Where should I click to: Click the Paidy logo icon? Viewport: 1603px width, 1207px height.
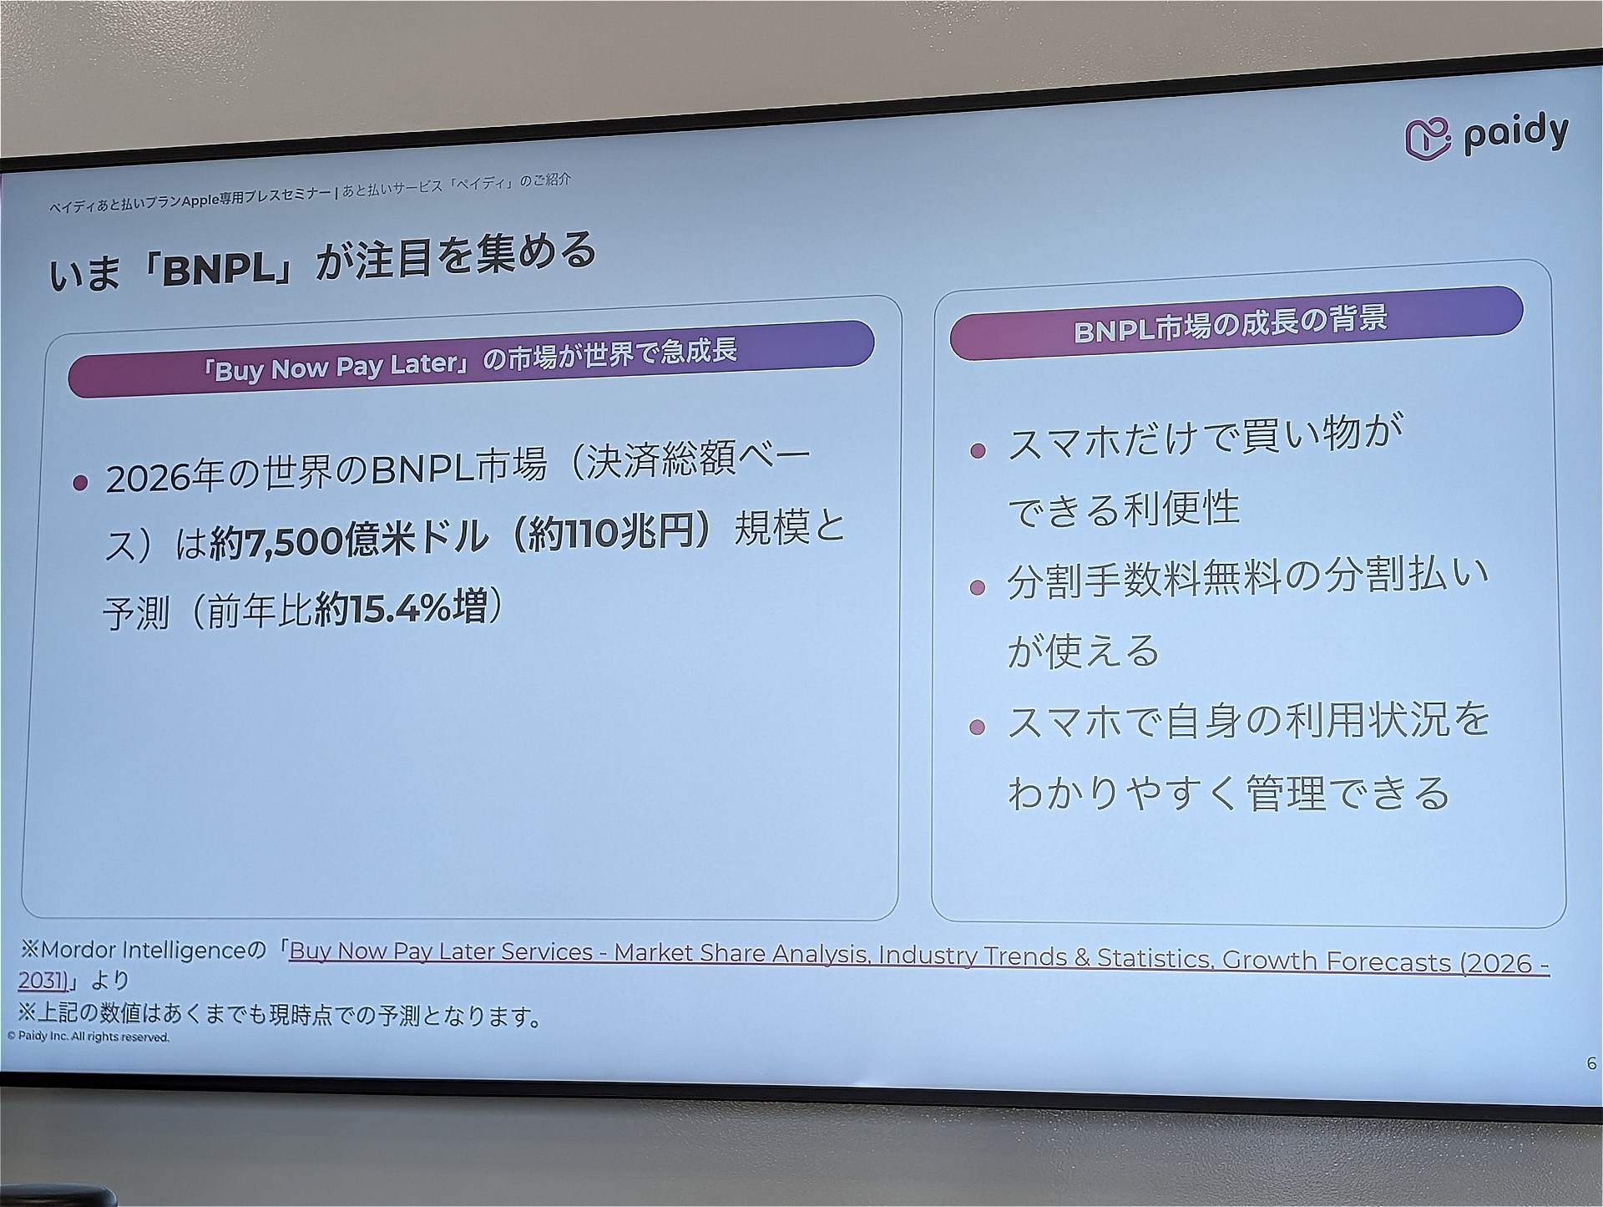(1428, 139)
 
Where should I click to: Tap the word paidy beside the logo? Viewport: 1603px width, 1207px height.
(1516, 134)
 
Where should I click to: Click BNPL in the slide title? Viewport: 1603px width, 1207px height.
(219, 268)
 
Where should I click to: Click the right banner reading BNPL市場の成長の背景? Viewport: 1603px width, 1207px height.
(1236, 323)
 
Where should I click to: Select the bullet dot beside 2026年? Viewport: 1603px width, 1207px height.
(80, 483)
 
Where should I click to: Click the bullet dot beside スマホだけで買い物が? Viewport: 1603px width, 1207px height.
(978, 451)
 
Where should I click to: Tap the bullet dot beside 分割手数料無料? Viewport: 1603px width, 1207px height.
(978, 588)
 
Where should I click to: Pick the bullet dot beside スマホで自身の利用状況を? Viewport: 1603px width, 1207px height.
(978, 727)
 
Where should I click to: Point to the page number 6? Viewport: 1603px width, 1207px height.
(1591, 1064)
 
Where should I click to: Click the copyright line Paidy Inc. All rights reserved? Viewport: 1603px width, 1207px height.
(88, 1037)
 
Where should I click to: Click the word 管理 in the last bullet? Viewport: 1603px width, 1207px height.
(1285, 793)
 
